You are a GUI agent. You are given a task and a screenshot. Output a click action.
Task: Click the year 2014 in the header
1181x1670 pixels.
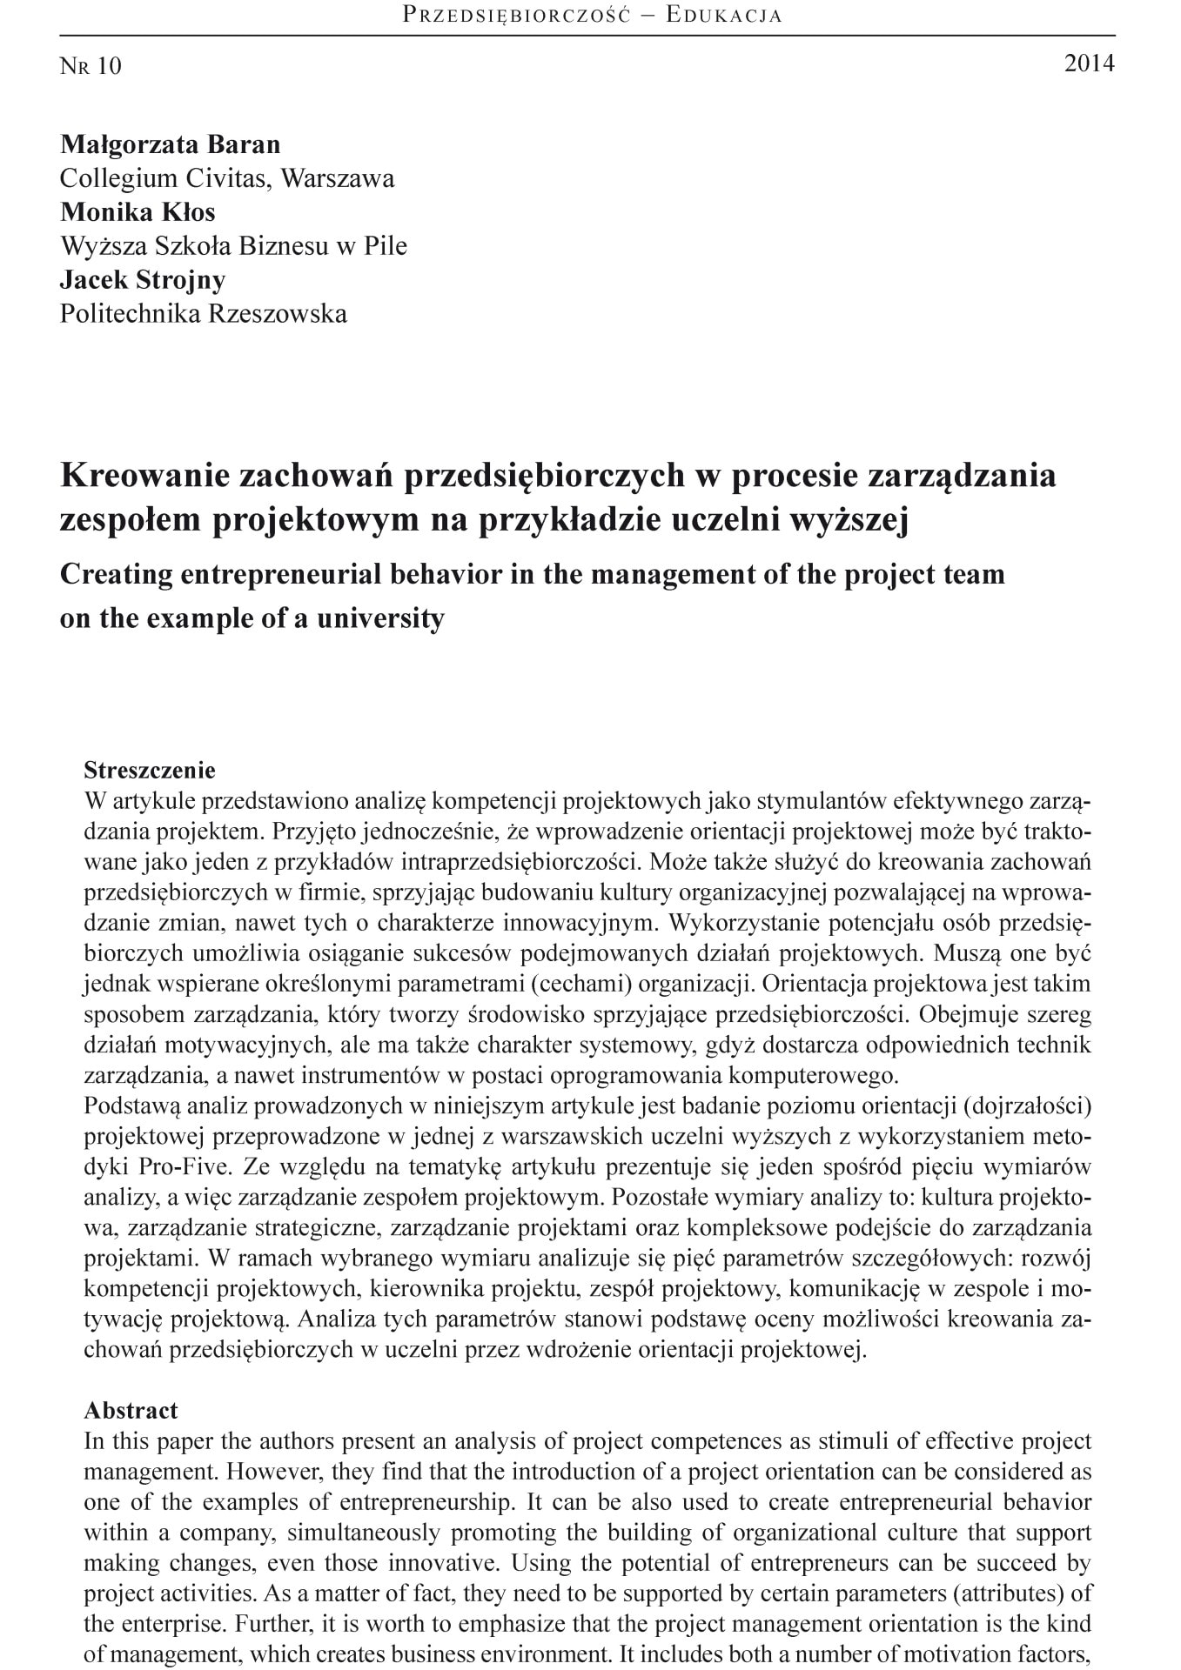pos(1089,63)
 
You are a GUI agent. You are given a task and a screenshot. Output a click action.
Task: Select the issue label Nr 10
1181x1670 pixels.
pos(91,66)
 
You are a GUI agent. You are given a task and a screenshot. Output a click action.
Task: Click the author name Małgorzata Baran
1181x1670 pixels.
pos(170,144)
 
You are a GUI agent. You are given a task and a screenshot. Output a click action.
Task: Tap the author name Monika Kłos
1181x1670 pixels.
pos(138,211)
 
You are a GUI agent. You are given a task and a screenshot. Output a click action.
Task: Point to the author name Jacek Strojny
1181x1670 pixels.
pos(143,279)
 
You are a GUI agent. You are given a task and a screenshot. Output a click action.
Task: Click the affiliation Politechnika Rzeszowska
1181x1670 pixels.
pos(203,313)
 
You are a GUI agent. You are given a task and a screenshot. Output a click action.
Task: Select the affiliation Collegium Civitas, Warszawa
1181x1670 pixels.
pos(226,178)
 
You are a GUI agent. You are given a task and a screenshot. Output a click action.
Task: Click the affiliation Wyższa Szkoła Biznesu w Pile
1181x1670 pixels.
pos(233,246)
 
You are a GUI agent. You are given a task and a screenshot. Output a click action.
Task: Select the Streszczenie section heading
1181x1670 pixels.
pos(149,770)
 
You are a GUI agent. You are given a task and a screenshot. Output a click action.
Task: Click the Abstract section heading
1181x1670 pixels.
pos(131,1410)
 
